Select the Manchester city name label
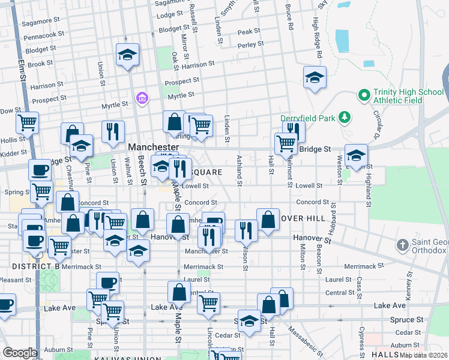click(154, 147)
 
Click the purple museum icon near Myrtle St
click(142, 98)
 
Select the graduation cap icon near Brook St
click(127, 55)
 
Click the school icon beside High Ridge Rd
click(314, 77)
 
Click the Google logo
click(20, 353)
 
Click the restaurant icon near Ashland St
click(246, 229)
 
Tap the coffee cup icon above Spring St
click(40, 170)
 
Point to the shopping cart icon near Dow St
click(27, 122)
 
